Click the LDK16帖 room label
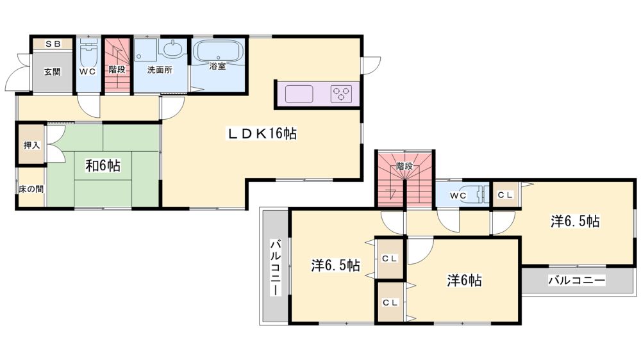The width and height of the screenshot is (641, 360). (x=262, y=134)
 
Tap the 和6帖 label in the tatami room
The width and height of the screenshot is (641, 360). (x=103, y=165)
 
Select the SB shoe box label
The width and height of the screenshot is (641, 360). (x=53, y=44)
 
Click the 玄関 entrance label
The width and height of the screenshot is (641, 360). (x=53, y=72)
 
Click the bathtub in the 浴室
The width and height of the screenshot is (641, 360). (x=218, y=51)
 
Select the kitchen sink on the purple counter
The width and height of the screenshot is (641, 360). (x=299, y=94)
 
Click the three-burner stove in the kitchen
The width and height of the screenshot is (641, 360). (x=342, y=94)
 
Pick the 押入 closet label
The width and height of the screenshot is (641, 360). (x=31, y=145)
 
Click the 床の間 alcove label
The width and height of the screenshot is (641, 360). (x=31, y=190)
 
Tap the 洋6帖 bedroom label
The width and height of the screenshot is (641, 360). (x=464, y=281)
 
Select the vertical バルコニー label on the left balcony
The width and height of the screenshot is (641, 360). (x=275, y=268)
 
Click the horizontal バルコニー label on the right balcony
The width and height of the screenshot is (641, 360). (x=577, y=281)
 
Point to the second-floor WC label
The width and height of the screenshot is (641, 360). (x=458, y=196)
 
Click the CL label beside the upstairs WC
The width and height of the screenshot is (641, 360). (x=505, y=195)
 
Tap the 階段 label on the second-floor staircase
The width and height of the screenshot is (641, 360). (x=404, y=167)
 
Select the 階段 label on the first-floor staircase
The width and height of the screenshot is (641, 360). (x=117, y=69)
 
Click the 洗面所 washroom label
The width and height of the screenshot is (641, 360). (x=160, y=69)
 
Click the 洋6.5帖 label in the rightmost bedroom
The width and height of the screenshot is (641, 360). (x=575, y=221)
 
